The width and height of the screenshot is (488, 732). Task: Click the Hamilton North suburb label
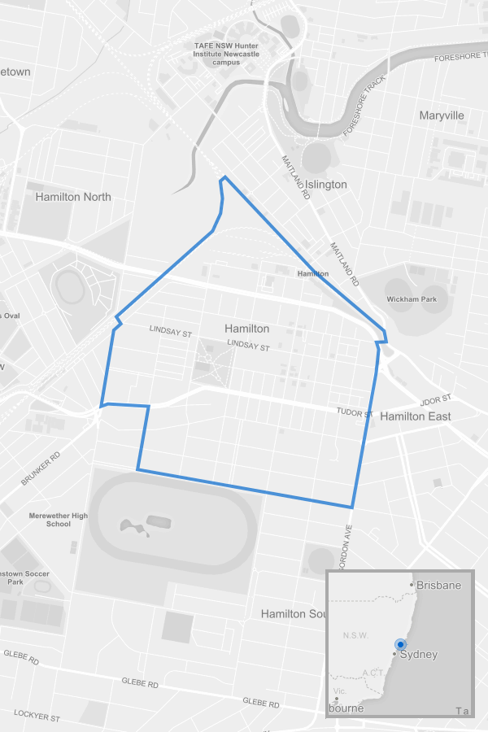(73, 197)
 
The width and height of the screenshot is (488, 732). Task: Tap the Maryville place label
(442, 115)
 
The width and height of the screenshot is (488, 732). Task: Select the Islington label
(325, 185)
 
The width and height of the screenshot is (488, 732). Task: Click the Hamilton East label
(416, 416)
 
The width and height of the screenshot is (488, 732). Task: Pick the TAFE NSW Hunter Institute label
(227, 53)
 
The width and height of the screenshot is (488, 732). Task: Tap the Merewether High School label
(58, 520)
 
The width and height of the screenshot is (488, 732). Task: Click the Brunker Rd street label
(41, 469)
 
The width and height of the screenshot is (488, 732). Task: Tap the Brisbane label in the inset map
(438, 586)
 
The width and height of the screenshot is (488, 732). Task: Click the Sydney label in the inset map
(419, 655)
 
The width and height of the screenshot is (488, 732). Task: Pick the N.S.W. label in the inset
(357, 635)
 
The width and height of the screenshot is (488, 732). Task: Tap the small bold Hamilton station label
(313, 274)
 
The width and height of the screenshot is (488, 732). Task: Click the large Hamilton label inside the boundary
(246, 329)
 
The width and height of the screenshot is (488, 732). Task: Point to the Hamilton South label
(294, 614)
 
